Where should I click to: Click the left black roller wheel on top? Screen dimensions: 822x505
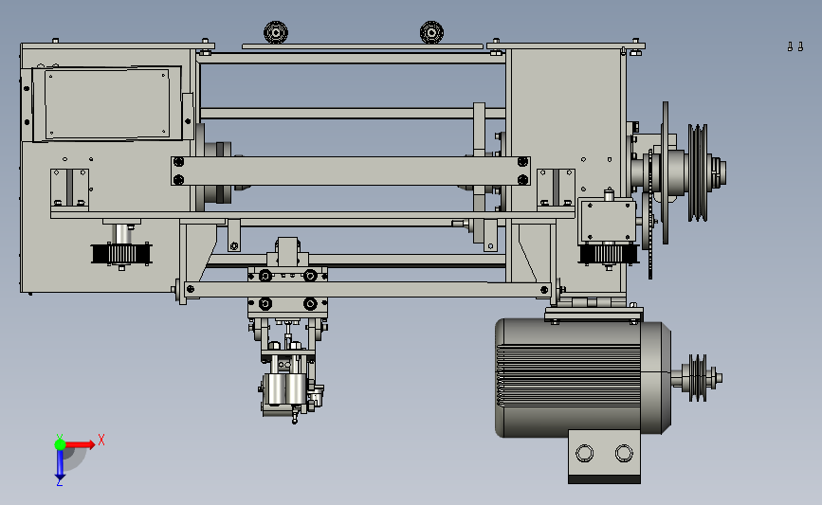coord(276,32)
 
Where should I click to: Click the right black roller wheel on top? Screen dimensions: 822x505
coord(431,32)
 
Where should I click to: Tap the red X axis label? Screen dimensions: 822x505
coord(101,440)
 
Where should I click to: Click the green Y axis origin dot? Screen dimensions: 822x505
coord(60,444)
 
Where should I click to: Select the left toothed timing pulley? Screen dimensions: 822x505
coord(121,254)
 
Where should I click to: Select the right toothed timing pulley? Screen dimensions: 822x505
coord(609,255)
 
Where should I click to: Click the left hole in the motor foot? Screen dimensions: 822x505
coord(585,453)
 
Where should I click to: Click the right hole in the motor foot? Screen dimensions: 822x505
coord(624,453)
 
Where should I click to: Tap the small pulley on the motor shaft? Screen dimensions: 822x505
coord(698,378)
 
